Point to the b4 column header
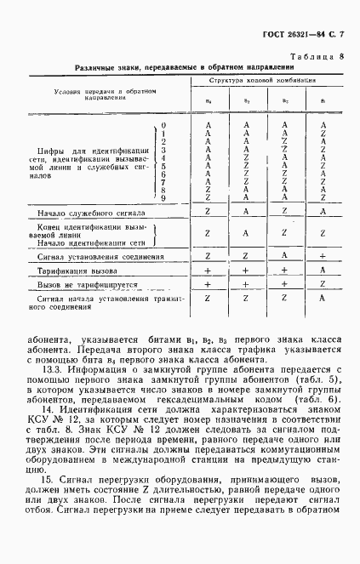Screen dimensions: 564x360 (209, 103)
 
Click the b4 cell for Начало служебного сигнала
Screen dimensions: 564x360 (209, 212)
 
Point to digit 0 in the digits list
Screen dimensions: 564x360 (163, 125)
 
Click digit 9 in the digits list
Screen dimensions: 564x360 (163, 197)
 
